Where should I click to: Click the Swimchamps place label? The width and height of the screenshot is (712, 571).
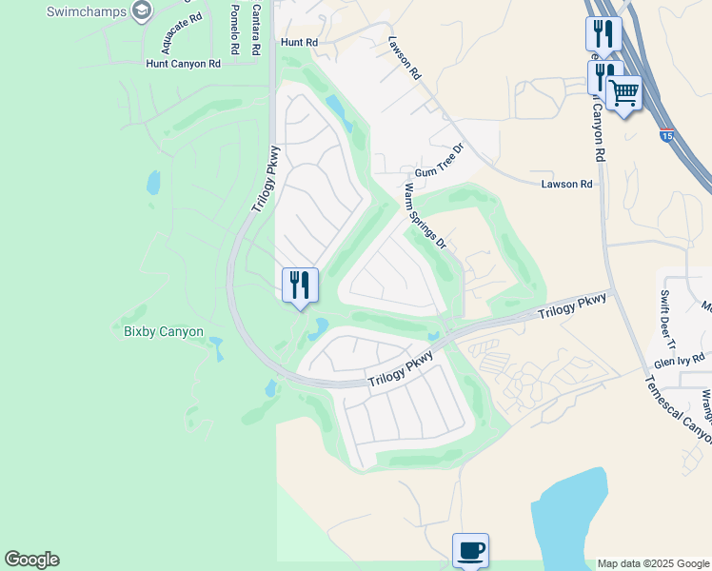(88, 12)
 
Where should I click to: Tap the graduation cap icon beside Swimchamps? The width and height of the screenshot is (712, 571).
(143, 11)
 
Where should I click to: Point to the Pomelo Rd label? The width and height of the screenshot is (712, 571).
(234, 29)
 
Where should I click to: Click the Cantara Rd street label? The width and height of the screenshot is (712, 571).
(255, 29)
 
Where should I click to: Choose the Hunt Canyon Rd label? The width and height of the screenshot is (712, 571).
(183, 64)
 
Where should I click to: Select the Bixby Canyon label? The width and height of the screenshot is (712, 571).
(164, 331)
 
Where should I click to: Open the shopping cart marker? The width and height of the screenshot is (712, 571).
(624, 93)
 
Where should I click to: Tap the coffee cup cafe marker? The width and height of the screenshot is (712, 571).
(470, 549)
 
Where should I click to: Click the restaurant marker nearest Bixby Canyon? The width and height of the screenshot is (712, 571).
(300, 285)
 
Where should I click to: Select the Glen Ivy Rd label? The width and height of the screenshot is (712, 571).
(680, 361)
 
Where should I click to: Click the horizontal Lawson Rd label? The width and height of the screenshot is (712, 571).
(567, 184)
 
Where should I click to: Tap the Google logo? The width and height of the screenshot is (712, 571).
(31, 560)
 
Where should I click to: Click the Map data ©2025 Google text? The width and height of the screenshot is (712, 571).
(653, 563)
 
